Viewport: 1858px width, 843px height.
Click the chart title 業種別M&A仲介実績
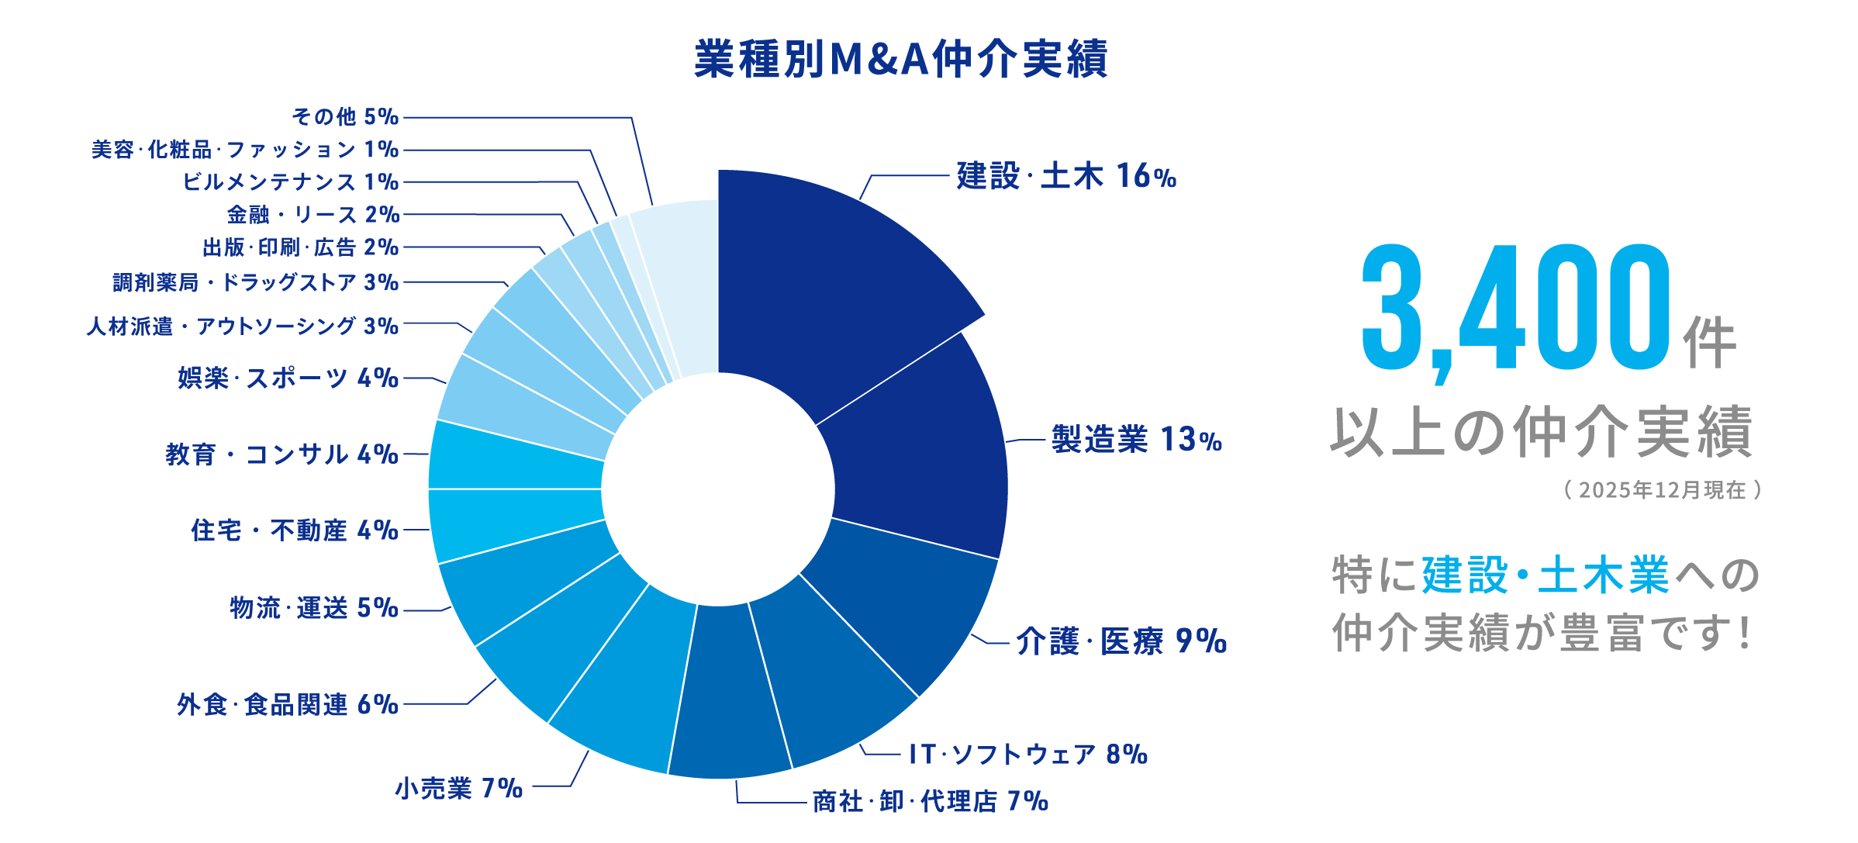click(900, 59)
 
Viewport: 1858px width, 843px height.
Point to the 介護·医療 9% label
click(1121, 642)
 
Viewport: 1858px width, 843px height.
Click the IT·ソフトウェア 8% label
click(1027, 754)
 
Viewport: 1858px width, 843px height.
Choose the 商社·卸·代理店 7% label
click(930, 801)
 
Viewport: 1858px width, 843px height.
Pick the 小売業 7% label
click(459, 789)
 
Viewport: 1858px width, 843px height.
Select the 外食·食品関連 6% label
click(288, 704)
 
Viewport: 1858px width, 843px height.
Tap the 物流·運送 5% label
click(314, 608)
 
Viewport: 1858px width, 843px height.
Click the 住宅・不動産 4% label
click(295, 530)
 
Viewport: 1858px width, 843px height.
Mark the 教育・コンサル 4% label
click(281, 454)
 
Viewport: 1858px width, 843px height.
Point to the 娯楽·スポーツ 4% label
click(288, 378)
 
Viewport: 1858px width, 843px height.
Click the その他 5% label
click(345, 117)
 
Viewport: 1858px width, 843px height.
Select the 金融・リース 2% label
click(313, 214)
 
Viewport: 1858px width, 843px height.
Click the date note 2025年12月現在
click(1662, 490)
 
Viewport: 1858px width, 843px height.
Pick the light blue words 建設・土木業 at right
click(1545, 575)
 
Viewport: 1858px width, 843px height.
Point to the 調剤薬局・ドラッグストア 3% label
click(256, 282)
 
